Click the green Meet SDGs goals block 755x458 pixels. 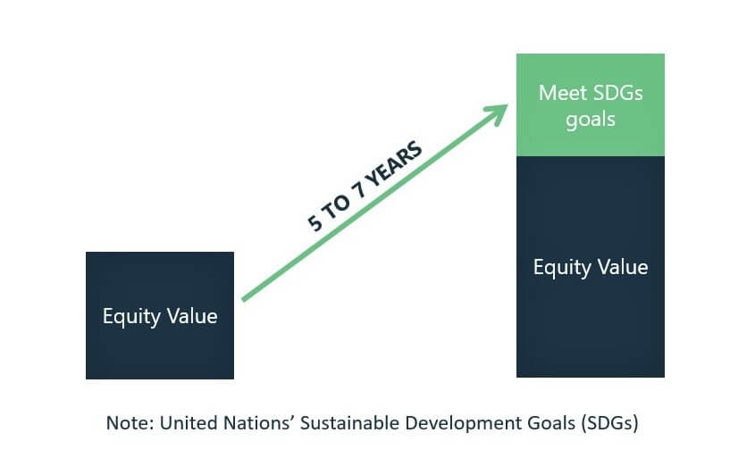click(591, 104)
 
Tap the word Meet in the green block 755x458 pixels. click(560, 93)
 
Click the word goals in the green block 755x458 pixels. click(591, 120)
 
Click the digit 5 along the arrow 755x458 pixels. click(315, 222)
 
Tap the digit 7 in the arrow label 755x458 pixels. click(360, 191)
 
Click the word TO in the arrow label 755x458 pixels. click(336, 206)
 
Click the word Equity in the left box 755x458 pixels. click(131, 317)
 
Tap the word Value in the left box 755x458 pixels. click(192, 316)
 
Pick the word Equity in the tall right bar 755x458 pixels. click(562, 268)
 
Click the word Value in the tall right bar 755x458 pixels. click(623, 267)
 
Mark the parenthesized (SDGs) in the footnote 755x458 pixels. click(609, 423)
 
